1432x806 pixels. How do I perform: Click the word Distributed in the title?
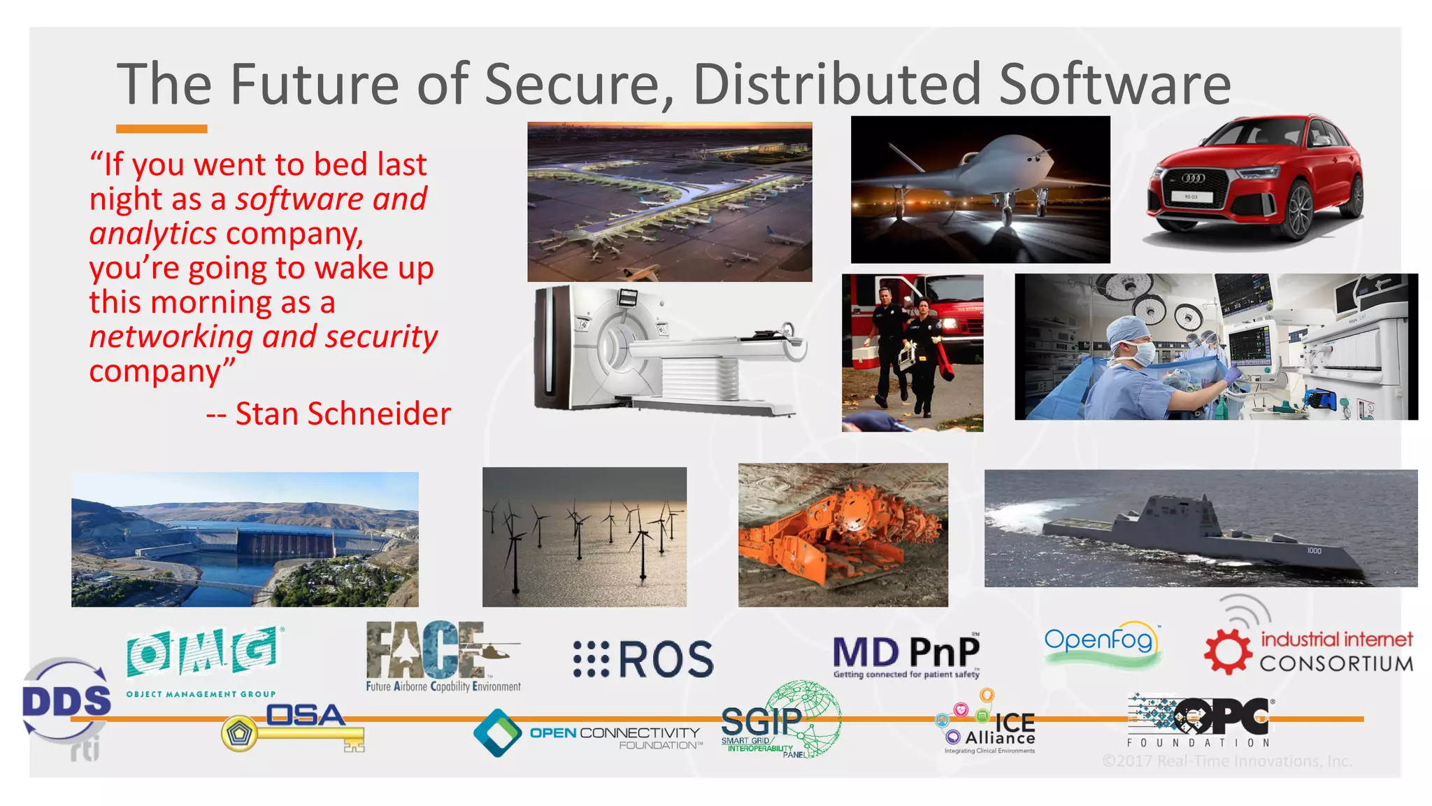coord(837,84)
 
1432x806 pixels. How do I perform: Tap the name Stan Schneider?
coord(343,414)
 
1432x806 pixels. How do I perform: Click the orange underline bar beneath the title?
coord(162,129)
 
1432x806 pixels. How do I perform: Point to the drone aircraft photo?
coord(980,190)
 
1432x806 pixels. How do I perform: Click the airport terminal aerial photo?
coord(669,201)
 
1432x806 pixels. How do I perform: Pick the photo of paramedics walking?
coord(912,353)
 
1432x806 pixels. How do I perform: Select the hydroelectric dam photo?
coord(245,539)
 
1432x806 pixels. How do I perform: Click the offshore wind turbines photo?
coord(584,537)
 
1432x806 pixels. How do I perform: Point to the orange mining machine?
coord(843,535)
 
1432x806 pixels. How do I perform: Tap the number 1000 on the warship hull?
coord(1314,551)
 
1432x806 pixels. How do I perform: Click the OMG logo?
coord(202,653)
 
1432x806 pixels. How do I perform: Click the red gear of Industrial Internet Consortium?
coord(1227,651)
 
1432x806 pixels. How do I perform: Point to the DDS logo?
coord(66,701)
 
